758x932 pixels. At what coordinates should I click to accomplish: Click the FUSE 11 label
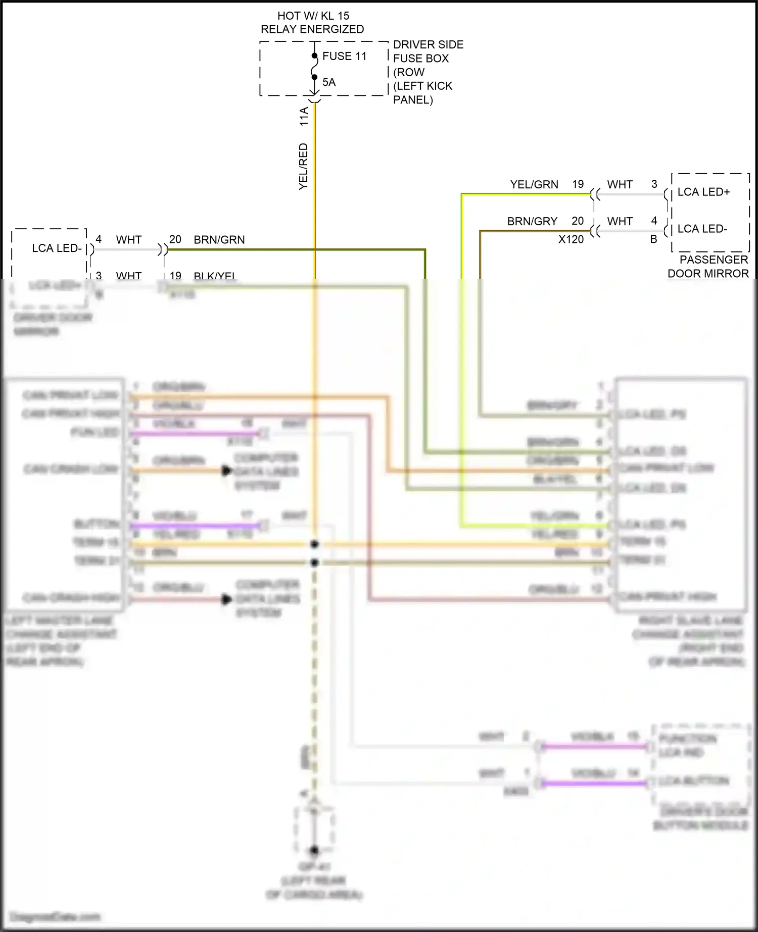344,56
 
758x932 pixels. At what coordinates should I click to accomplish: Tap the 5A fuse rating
329,82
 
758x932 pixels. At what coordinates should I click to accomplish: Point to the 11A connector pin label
304,116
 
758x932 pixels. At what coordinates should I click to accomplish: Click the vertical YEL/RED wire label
303,167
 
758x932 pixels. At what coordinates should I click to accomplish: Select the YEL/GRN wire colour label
534,185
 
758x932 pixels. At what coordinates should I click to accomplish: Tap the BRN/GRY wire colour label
532,222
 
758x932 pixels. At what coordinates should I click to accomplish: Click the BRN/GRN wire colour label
219,240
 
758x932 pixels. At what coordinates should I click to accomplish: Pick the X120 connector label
571,239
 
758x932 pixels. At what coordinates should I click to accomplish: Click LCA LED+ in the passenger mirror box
703,192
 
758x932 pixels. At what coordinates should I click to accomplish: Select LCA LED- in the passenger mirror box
702,229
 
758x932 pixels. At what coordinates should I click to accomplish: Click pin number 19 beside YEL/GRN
578,184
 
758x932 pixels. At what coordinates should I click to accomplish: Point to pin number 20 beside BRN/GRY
578,221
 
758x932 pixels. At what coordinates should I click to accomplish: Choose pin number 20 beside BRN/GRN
175,239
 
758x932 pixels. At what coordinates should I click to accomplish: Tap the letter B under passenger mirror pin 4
653,239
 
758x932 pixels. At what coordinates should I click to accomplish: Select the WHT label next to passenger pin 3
620,185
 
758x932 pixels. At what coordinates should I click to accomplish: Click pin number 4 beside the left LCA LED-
99,239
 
